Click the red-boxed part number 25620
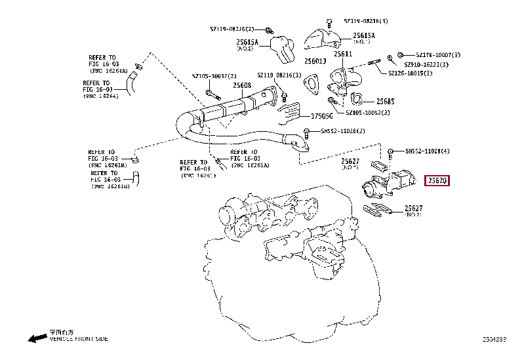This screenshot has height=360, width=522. [x=437, y=180]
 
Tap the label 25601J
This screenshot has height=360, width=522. [x=315, y=61]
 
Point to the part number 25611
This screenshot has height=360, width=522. [x=342, y=54]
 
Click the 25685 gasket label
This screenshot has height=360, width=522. [x=385, y=102]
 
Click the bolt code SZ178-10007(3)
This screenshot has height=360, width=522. [x=438, y=55]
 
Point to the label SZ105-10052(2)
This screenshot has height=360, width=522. [x=367, y=113]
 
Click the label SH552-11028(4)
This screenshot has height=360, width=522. [x=428, y=151]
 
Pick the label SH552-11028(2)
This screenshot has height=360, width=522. [x=343, y=131]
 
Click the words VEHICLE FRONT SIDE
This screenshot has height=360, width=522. [x=79, y=339]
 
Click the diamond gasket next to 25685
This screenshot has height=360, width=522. [x=358, y=100]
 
